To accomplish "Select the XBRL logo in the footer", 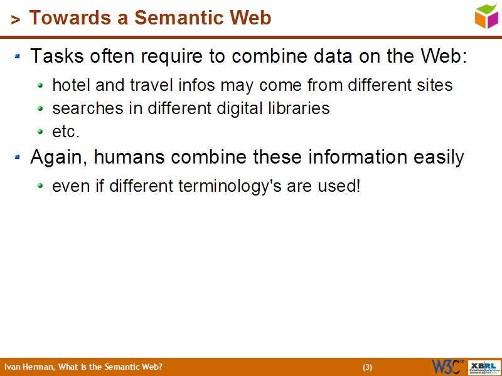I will (484, 367).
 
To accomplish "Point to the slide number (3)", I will (368, 367).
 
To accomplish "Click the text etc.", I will (66, 132).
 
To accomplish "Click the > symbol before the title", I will (15, 19).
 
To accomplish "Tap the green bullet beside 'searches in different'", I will (40, 108).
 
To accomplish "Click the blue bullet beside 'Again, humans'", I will (18, 157).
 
